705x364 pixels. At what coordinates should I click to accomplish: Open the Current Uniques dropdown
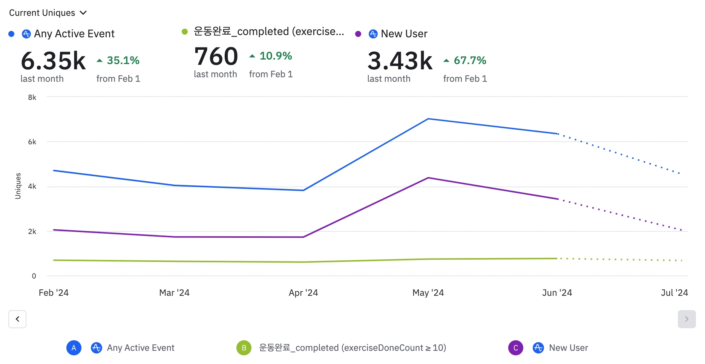(48, 13)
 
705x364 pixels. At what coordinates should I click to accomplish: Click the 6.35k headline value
(53, 61)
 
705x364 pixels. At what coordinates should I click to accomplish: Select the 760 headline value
(216, 57)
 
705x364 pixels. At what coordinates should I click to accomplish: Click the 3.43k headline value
(400, 61)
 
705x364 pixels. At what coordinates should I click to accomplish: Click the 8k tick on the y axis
(32, 97)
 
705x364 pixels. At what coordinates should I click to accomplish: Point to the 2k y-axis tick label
(32, 231)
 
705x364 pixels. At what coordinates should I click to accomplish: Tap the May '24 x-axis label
(428, 293)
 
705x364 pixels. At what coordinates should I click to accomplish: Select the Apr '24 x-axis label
(303, 293)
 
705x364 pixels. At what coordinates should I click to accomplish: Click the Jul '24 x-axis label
(674, 293)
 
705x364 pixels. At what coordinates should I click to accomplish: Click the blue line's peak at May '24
(428, 119)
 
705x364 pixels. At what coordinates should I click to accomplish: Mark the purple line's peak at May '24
(428, 178)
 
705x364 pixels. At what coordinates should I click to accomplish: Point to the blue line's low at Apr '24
(303, 190)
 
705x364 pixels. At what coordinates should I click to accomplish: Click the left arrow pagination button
(17, 319)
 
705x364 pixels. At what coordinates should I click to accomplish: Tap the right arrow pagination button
(687, 319)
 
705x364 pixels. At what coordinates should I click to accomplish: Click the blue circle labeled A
(74, 348)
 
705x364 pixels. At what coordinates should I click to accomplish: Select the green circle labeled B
(244, 348)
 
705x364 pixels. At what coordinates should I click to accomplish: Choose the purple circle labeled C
(515, 348)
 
